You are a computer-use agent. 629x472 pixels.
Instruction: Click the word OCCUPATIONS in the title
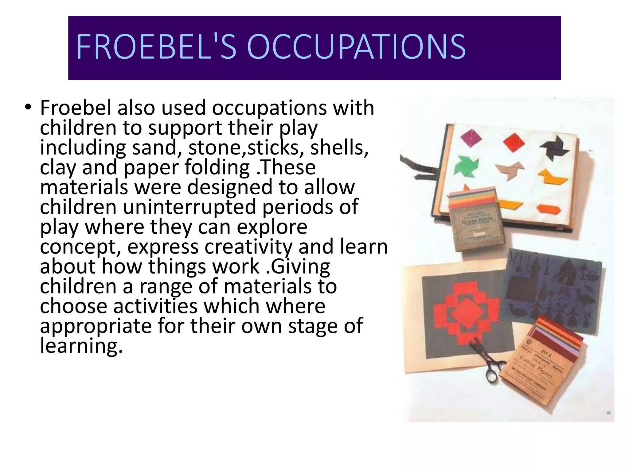(356, 47)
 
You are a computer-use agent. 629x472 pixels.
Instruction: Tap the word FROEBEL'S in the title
(156, 47)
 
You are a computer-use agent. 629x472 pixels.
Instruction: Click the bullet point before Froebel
(28, 108)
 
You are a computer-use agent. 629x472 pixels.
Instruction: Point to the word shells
(339, 148)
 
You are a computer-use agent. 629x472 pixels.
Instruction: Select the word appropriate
(96, 326)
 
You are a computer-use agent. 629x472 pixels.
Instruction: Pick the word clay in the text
(58, 168)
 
